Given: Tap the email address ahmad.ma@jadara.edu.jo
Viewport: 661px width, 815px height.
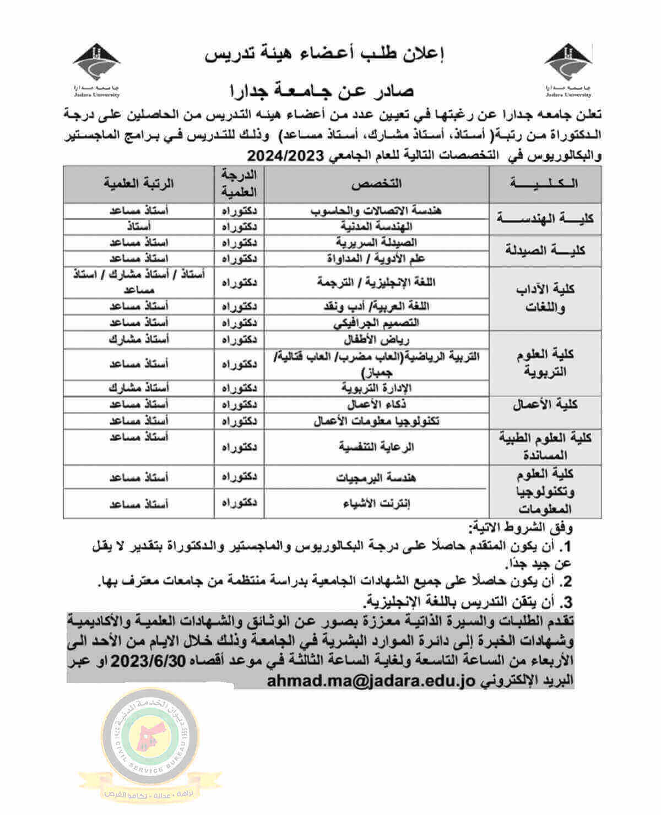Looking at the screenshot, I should coord(375,681).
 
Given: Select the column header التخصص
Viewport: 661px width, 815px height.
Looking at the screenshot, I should coord(376,183).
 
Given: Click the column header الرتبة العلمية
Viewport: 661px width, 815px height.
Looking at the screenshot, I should coord(138,183).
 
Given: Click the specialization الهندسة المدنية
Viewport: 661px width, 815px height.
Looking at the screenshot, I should coord(376,226).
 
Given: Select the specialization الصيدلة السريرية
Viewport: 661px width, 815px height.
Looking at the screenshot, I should coord(376,242).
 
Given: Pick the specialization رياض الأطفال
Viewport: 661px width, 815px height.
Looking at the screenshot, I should coord(376,339).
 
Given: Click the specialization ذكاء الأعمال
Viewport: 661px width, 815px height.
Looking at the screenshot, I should coord(376,405).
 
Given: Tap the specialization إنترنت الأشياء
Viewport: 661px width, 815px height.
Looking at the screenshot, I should coord(376,503).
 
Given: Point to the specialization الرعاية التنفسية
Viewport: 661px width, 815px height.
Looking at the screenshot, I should coord(376,447).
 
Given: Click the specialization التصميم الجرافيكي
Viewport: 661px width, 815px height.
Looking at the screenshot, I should coord(376,322).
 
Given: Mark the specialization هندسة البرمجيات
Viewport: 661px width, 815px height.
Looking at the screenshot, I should coord(376,477).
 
